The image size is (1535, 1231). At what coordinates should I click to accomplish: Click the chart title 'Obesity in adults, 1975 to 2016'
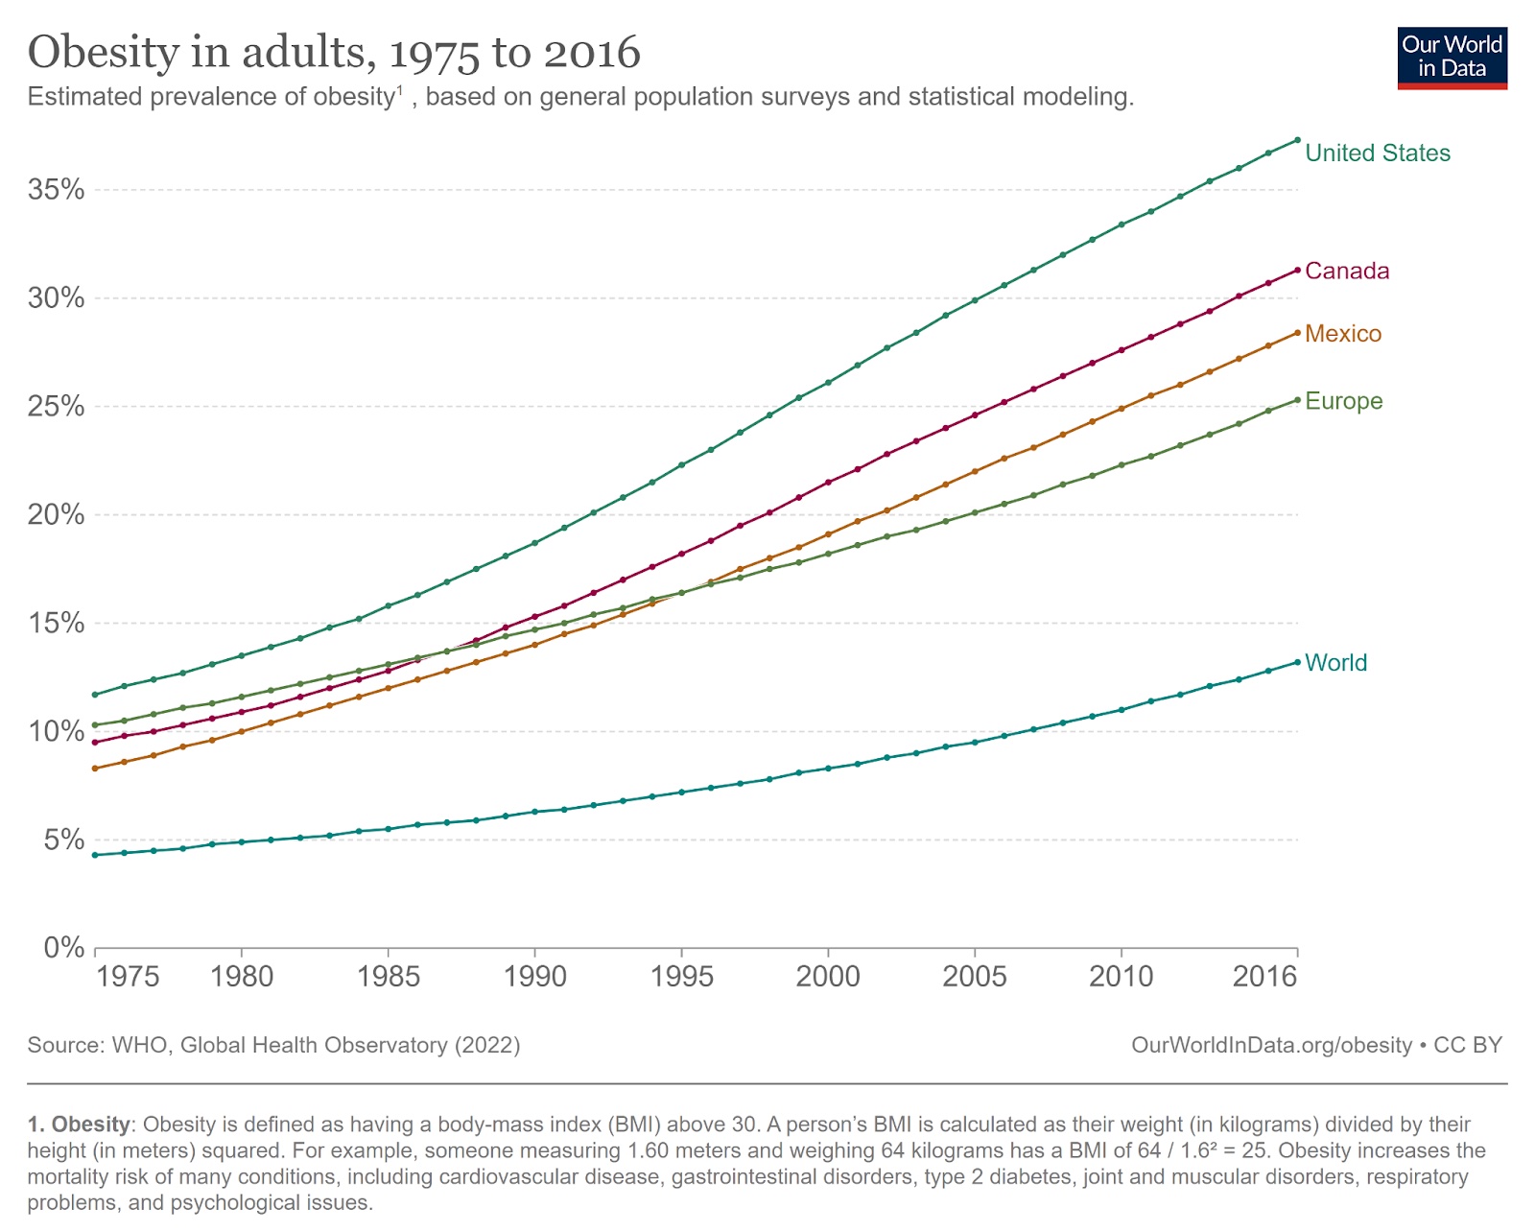(334, 52)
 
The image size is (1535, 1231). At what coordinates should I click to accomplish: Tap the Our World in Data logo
(1452, 58)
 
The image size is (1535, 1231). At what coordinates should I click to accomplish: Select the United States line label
(1377, 154)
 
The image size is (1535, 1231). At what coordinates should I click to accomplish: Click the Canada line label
(1346, 272)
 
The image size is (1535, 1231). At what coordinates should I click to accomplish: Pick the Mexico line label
(1342, 334)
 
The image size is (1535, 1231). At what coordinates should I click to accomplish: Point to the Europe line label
(1343, 401)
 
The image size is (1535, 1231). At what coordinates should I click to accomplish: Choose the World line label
(1335, 663)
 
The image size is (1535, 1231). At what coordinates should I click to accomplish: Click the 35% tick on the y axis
(57, 190)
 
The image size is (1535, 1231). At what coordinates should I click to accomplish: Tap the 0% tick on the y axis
(64, 948)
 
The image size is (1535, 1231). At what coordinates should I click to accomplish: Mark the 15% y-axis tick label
(57, 624)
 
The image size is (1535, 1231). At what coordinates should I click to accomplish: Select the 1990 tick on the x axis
(534, 977)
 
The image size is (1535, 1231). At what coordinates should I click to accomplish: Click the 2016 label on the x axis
(1264, 977)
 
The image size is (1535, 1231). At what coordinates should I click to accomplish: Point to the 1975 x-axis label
(128, 977)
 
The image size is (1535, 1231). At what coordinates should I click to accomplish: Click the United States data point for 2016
(1297, 140)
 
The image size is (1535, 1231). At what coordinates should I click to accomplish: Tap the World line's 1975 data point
(95, 855)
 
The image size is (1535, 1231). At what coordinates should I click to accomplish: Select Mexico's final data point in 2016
(1297, 333)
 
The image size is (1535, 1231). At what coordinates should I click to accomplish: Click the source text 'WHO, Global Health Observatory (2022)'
(316, 1045)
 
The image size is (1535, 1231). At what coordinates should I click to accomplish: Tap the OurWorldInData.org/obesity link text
(1271, 1045)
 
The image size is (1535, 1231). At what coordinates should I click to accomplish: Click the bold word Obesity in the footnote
(90, 1124)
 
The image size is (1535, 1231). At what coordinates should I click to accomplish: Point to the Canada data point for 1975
(95, 743)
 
